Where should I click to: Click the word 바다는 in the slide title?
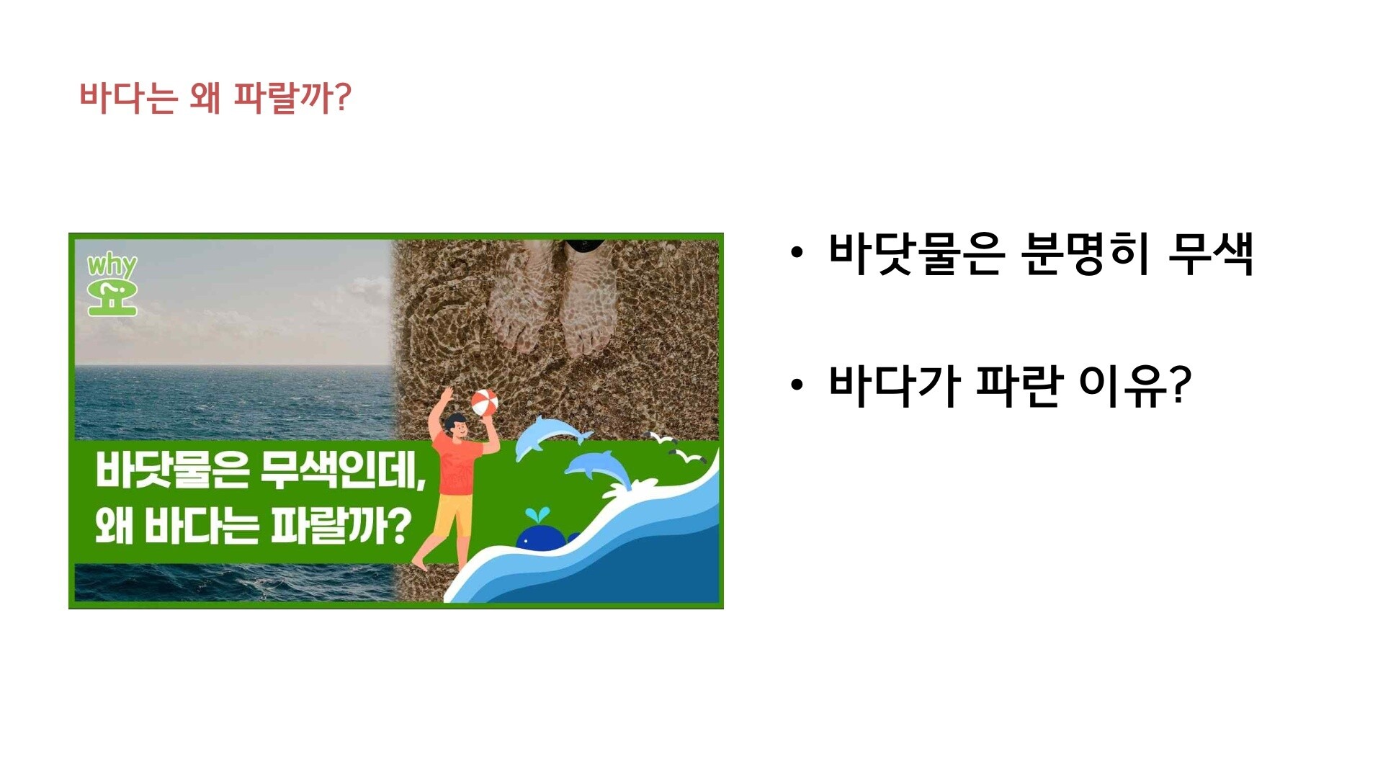click(x=128, y=98)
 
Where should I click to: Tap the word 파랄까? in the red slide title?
click(x=293, y=98)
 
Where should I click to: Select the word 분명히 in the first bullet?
click(x=1086, y=254)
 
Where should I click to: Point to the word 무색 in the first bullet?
click(x=1211, y=254)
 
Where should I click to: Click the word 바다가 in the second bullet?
click(x=894, y=385)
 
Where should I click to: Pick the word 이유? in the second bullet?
click(x=1135, y=385)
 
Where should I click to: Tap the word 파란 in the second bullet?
click(x=1019, y=385)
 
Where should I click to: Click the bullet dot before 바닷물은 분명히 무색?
click(x=796, y=254)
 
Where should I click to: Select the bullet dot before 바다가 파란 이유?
click(x=796, y=385)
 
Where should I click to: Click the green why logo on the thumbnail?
click(x=112, y=285)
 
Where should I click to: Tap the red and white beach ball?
click(x=484, y=402)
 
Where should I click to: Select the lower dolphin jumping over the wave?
click(x=598, y=468)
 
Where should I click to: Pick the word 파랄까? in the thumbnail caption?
click(x=341, y=526)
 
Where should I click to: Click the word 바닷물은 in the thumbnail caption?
click(x=172, y=471)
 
